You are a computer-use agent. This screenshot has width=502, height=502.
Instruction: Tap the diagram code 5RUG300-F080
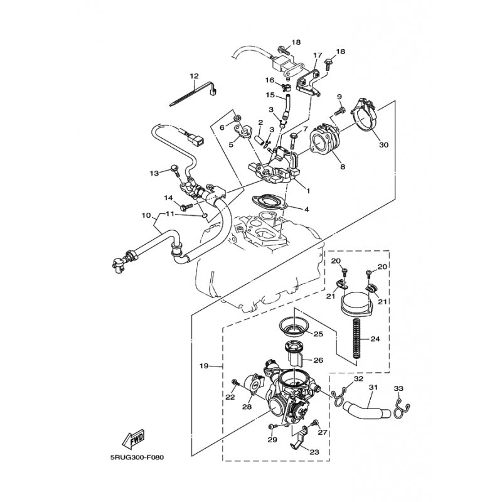137,458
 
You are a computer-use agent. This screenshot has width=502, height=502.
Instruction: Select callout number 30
383,145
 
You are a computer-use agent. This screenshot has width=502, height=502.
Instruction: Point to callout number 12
194,76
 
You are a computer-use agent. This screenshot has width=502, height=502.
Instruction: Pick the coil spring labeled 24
356,339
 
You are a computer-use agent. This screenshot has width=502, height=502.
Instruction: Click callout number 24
375,339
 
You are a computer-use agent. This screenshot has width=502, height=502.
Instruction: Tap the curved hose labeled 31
366,410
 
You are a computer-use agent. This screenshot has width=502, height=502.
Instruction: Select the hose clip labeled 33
401,410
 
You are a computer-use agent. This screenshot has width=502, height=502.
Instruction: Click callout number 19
204,366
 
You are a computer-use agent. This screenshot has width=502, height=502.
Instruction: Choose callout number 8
343,167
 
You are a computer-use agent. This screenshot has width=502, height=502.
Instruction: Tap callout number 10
146,215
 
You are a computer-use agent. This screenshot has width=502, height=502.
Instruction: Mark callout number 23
314,452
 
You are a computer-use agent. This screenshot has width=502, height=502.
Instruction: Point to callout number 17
318,55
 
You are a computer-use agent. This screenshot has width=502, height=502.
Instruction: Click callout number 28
247,407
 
